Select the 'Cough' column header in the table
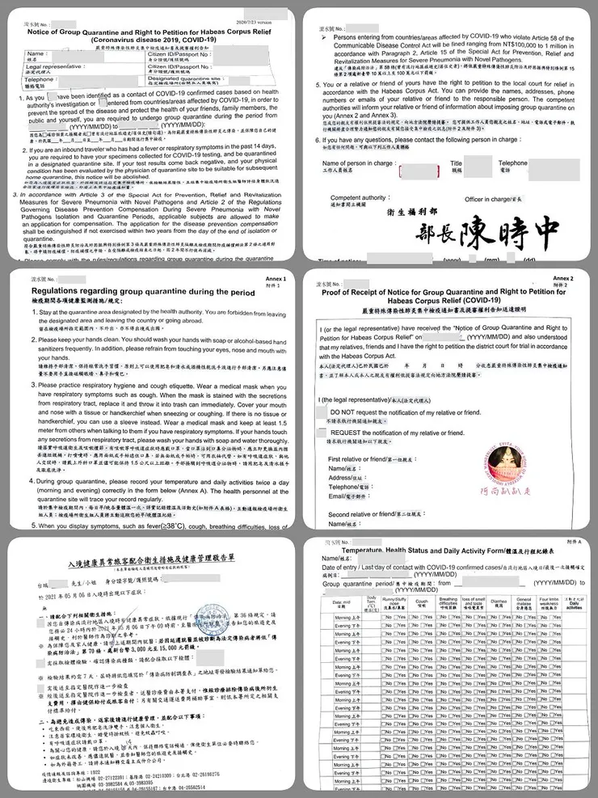pos(421,602)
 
